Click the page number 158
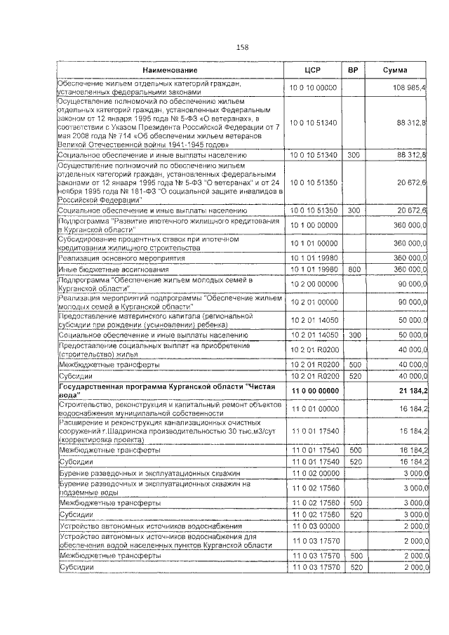click(242, 47)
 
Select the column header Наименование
click(170, 71)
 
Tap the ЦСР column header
click(313, 71)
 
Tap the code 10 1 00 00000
click(313, 225)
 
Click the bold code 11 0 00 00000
click(314, 390)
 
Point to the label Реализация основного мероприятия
click(112, 258)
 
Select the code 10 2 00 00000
click(313, 283)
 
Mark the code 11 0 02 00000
click(313, 475)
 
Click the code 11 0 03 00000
click(313, 526)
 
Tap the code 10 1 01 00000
click(313, 243)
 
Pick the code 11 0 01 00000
click(313, 408)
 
